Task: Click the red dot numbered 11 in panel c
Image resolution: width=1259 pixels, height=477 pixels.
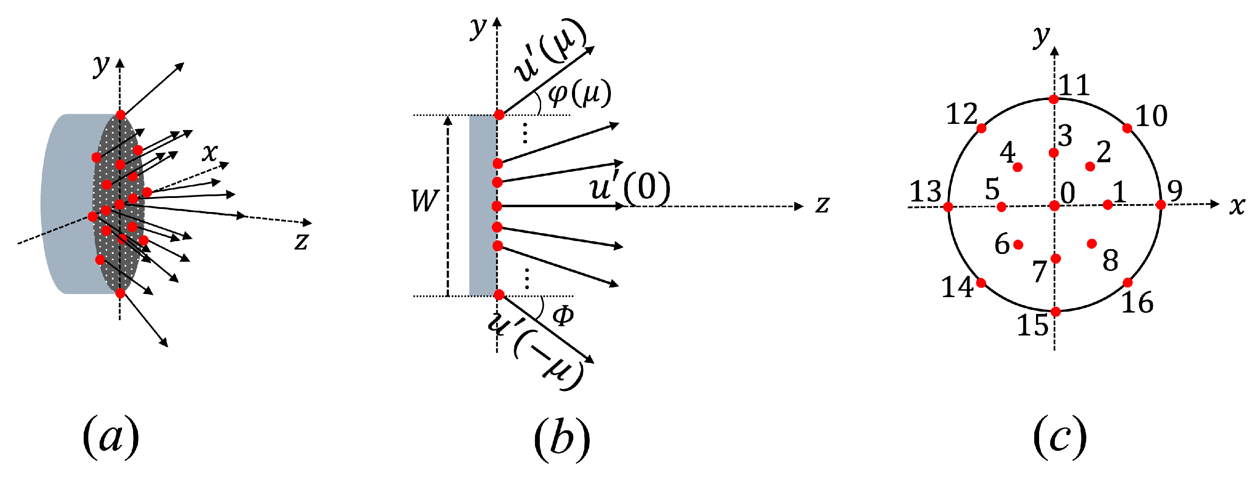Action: coord(1054,100)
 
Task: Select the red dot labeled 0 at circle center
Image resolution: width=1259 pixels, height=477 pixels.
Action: coord(1054,206)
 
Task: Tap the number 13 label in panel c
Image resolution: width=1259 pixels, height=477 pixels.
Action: coord(925,192)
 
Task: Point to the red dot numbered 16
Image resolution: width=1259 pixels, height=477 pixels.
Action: coord(1128,283)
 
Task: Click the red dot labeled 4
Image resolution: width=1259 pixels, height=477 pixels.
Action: coord(1018,168)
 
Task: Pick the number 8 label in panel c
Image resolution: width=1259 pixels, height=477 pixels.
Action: coord(1110,260)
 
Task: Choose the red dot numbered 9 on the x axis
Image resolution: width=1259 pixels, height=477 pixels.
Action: coord(1161,205)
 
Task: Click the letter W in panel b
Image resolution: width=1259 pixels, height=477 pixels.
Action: coord(425,201)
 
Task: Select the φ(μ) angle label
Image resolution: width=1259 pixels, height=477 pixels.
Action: coord(579,94)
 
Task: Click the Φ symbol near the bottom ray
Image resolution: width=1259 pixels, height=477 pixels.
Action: coord(563,316)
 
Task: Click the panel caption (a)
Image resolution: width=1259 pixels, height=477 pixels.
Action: coord(111,437)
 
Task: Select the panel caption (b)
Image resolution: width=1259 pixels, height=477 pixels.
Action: coord(561,437)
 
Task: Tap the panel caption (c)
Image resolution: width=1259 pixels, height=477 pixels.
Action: coord(1059,437)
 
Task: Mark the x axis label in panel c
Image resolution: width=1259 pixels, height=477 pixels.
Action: coord(1237,206)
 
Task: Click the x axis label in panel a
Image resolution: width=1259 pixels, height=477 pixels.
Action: coord(210,153)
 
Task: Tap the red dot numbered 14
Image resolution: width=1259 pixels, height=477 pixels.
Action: coord(981,283)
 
